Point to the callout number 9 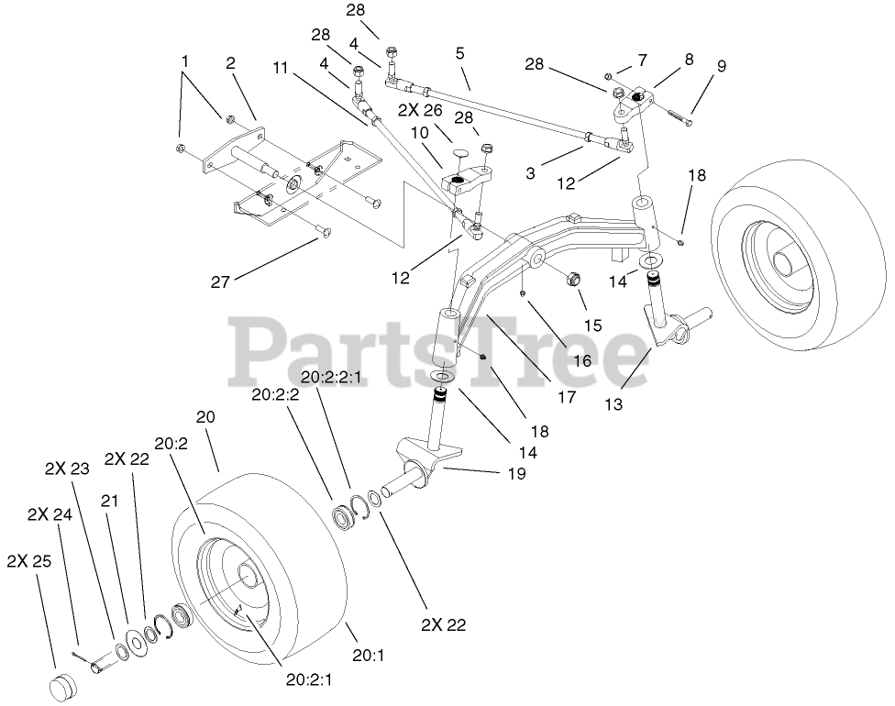click(x=722, y=66)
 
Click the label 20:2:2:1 click(x=330, y=378)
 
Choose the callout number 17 click(x=566, y=397)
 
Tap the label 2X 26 click(x=419, y=110)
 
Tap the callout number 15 click(x=592, y=325)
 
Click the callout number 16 click(x=582, y=361)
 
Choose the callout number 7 click(x=642, y=60)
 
